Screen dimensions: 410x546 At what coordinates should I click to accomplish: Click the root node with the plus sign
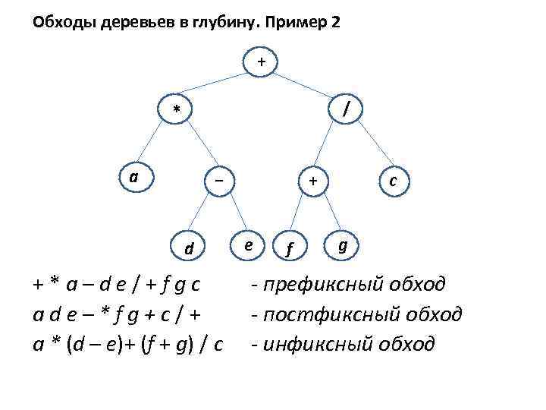[262, 61]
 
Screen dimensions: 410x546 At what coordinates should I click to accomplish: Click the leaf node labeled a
[133, 177]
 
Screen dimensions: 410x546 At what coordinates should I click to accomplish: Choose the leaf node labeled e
[249, 244]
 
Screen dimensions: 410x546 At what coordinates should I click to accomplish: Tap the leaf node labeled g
[343, 244]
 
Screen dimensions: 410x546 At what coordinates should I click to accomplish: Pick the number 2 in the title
[336, 23]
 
